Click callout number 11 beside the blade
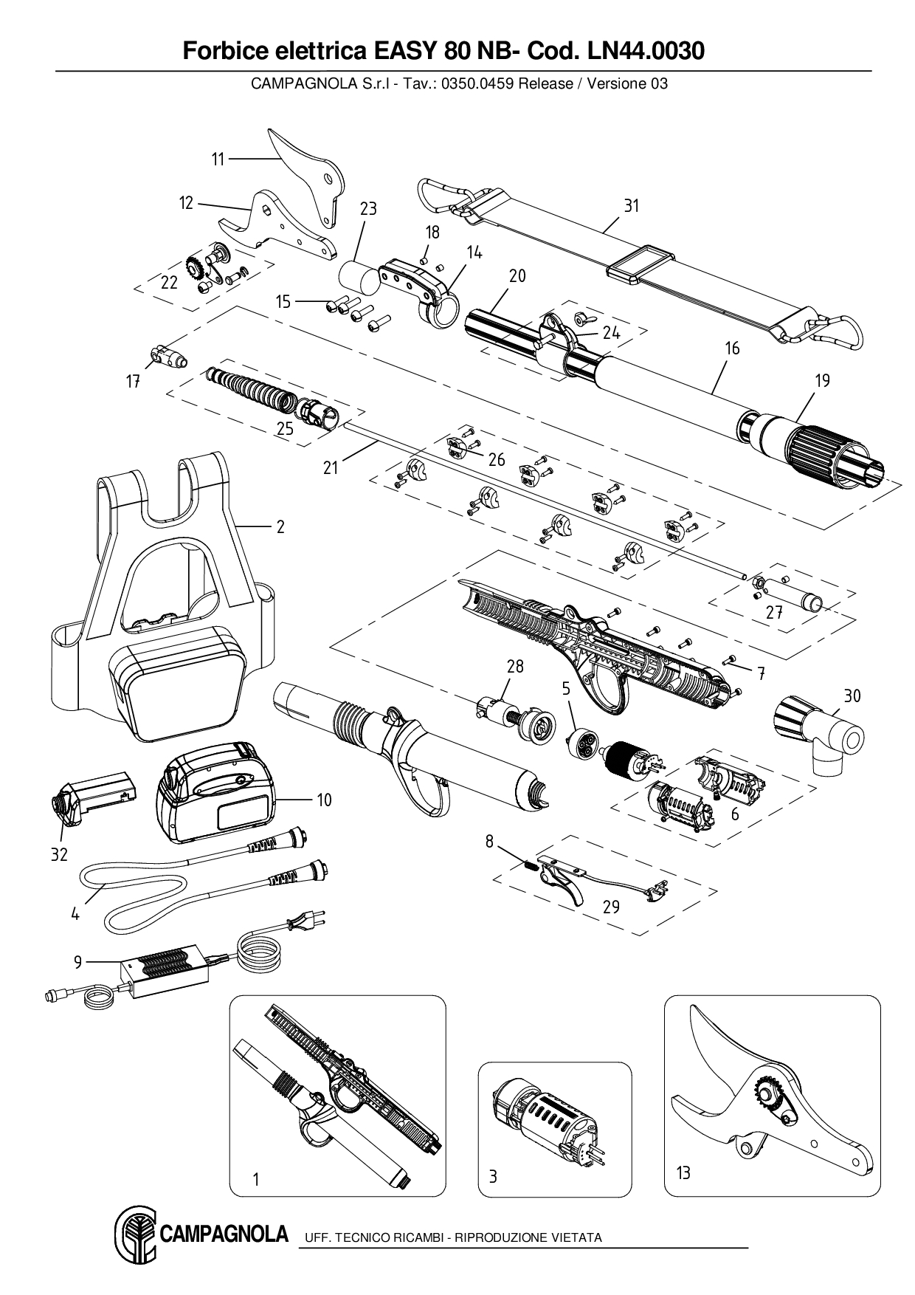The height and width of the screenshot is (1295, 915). coord(218,159)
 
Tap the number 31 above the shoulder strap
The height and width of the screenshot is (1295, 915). coord(631,206)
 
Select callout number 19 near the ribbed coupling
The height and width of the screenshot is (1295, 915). coord(822,381)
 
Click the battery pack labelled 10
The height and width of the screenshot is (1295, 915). coord(214,793)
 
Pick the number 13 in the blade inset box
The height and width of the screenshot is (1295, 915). coord(683,1172)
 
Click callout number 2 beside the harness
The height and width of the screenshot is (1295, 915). coord(280,527)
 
